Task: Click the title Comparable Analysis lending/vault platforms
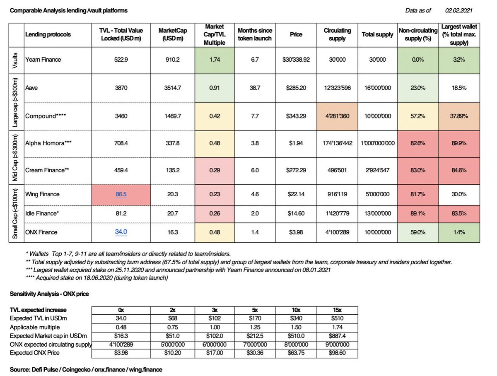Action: [x=68, y=10]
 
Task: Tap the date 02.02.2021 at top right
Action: [x=458, y=10]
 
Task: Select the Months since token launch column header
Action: [x=254, y=35]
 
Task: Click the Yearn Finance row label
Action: [x=43, y=60]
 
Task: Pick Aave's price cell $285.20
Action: [x=296, y=88]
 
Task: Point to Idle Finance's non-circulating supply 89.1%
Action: [x=417, y=213]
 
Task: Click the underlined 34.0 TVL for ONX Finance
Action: [x=121, y=232]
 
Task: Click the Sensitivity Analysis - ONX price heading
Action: [x=49, y=294]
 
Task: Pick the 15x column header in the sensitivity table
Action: [x=337, y=310]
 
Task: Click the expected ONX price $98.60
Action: [x=337, y=353]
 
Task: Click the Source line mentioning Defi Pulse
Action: [x=86, y=369]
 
